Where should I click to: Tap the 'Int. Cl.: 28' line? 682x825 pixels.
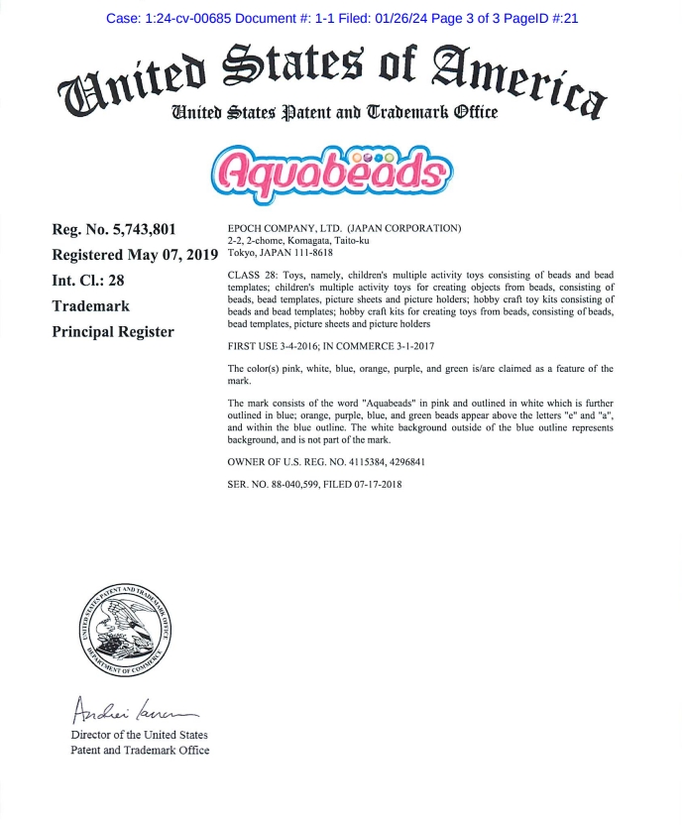(x=88, y=281)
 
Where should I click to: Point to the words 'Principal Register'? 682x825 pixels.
(x=112, y=331)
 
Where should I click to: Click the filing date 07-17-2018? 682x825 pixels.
(x=375, y=484)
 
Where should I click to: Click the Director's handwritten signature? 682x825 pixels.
(x=132, y=710)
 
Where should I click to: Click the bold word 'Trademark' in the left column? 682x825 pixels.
(x=90, y=306)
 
